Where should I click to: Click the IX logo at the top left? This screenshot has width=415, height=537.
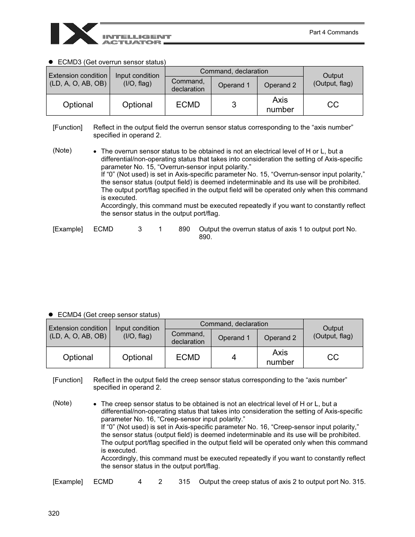click(x=74, y=34)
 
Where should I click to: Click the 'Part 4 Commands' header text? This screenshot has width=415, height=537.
click(x=333, y=32)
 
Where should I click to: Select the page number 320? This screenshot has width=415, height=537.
click(x=54, y=513)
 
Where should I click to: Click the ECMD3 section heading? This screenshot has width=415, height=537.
click(x=111, y=62)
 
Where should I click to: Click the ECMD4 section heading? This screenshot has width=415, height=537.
click(x=108, y=314)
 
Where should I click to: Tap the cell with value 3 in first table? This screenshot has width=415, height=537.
click(x=234, y=105)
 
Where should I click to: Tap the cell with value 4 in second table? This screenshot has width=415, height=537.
click(x=234, y=357)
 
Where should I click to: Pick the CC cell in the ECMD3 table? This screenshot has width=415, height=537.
click(x=333, y=105)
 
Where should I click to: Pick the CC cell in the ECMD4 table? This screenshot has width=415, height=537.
click(x=333, y=357)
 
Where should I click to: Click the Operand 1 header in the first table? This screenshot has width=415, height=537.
click(x=234, y=85)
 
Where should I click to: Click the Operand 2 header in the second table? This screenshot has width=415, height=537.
click(x=280, y=338)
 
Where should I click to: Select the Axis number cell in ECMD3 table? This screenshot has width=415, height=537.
click(x=280, y=105)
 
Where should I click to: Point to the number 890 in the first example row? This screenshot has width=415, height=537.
click(x=184, y=229)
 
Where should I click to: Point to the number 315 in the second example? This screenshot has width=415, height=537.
click(x=184, y=482)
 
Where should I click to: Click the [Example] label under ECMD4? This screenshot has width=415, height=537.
click(x=68, y=482)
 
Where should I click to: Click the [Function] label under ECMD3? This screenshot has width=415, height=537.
click(x=67, y=127)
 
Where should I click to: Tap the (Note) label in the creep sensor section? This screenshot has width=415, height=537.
click(x=62, y=403)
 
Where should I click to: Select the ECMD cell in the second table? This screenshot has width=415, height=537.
click(x=188, y=357)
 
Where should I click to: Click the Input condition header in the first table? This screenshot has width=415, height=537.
click(x=137, y=80)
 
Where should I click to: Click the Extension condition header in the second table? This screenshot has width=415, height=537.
click(x=78, y=332)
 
